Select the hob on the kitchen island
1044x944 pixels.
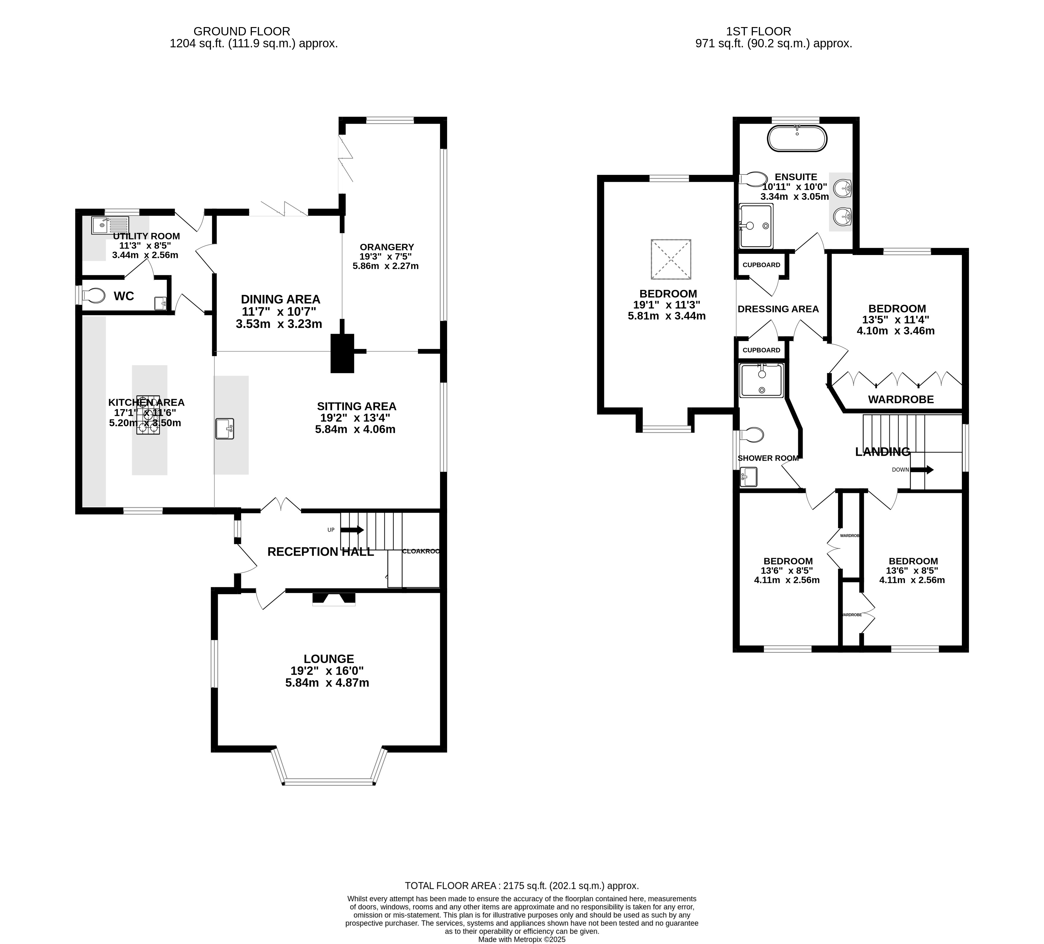tap(149, 414)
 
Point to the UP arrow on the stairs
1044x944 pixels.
tap(352, 530)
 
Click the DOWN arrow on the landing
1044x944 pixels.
tap(922, 470)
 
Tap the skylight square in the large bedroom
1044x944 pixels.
tap(671, 259)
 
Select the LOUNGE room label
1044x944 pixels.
tap(329, 659)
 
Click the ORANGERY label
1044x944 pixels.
tap(387, 247)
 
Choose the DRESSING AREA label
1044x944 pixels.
tap(778, 309)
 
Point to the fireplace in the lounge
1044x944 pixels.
tap(334, 599)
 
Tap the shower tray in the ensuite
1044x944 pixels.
tap(756, 226)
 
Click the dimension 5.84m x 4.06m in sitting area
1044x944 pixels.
tap(355, 429)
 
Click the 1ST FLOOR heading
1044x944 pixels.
tap(773, 32)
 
